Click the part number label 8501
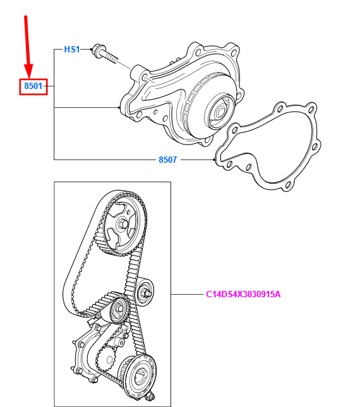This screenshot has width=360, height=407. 33,86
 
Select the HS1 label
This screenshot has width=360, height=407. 72,49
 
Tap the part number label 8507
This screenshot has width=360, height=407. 167,160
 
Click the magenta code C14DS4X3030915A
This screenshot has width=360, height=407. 243,294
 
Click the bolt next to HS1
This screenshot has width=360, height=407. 105,54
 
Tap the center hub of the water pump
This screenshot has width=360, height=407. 220,112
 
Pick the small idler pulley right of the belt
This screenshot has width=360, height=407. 145,292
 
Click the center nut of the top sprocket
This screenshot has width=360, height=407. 123,224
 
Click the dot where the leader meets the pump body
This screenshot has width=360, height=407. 119,107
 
